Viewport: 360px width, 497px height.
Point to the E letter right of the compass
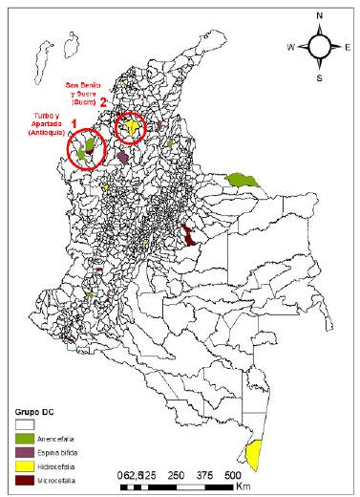point(350,46)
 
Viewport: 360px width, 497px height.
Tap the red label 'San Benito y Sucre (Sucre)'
point(89,93)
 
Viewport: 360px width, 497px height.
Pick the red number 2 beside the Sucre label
point(116,103)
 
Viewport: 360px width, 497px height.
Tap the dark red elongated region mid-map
point(187,233)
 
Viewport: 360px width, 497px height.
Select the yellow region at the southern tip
point(254,455)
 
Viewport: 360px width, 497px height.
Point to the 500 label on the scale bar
point(232,475)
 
